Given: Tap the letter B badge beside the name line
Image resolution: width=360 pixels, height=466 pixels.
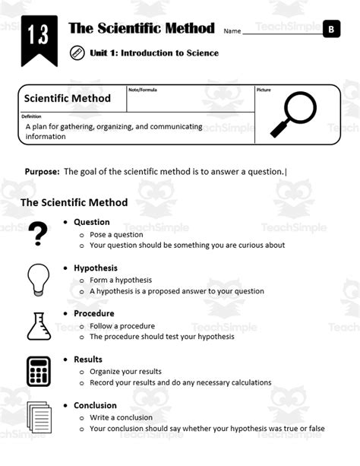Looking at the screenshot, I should pos(331,30).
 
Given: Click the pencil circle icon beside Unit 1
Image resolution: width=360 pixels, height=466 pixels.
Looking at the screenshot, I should pos(77,53).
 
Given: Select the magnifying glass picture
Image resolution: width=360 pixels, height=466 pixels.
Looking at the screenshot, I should pos(292,113).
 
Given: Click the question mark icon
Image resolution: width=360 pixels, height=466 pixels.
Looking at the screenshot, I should pos(37,234).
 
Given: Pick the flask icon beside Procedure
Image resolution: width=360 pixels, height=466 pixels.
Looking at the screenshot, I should pos(38,325).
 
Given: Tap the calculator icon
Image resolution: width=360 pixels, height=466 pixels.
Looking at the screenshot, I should pos(38,371).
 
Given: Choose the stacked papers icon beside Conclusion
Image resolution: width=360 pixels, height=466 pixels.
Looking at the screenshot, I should pos(38,417).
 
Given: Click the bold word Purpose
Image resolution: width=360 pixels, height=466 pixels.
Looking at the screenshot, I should pos(42,172).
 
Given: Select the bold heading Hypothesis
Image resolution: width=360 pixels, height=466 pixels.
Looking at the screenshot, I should pos(95,268).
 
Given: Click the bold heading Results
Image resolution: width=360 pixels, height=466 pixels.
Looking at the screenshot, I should pos(87,360).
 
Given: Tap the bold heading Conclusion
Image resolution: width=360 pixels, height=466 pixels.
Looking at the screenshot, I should pos(95,405).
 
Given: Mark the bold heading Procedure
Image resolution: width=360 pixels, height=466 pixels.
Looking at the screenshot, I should pos(93,313).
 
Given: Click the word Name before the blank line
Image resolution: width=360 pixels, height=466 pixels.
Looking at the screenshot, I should pos(232,31).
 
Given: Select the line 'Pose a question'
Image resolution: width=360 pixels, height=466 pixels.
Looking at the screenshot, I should pos(116,234).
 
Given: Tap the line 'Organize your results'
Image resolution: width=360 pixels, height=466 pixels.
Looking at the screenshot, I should pos(125,371).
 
